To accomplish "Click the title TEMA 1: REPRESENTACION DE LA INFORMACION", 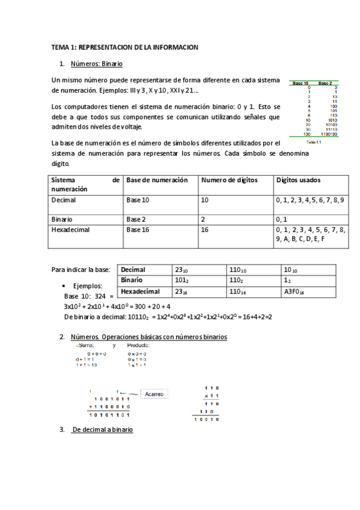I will [x=124, y=47].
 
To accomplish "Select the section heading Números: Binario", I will [x=96, y=64].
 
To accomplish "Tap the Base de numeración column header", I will [x=157, y=180].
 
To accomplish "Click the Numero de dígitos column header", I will [x=228, y=180].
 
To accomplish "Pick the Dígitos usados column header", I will [x=298, y=180].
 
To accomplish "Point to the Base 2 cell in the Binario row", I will [x=136, y=219].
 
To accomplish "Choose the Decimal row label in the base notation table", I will [x=133, y=269].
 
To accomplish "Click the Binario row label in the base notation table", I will [x=132, y=280].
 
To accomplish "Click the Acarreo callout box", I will [x=153, y=394].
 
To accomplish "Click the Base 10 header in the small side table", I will [x=301, y=82].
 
